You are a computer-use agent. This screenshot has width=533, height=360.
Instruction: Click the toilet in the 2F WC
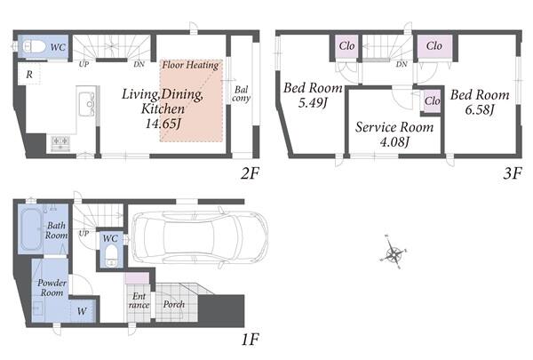[x=34, y=46]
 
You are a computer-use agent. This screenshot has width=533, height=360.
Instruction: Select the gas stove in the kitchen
[x=60, y=143]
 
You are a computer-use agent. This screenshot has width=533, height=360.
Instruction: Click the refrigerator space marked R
[x=29, y=74]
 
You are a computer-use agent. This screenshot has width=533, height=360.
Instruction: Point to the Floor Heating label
[x=190, y=65]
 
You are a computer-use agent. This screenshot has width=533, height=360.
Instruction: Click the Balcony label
[x=241, y=94]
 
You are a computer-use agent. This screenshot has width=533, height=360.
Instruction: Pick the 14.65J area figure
[x=163, y=124]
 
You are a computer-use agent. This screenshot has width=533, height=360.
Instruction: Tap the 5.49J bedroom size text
[x=313, y=102]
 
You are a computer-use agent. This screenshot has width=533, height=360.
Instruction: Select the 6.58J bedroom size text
[x=480, y=109]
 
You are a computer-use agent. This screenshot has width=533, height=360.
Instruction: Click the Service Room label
[x=394, y=127]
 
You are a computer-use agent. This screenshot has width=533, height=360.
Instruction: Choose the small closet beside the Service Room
[x=432, y=101]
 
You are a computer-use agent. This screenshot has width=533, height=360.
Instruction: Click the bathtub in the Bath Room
[x=31, y=228]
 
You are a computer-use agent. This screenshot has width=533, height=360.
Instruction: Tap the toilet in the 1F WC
[x=110, y=255]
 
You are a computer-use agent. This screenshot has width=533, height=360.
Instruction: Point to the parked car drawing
[x=200, y=237]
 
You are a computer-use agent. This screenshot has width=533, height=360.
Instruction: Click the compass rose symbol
[x=394, y=252]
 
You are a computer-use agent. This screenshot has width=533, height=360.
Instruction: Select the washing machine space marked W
[x=82, y=311]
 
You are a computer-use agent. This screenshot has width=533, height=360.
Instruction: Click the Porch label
[x=174, y=304]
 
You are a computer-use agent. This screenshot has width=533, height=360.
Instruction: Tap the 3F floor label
[x=512, y=173]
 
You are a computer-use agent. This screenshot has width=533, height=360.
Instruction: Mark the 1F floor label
[x=251, y=340]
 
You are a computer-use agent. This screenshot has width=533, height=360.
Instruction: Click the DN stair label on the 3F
[x=402, y=64]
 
